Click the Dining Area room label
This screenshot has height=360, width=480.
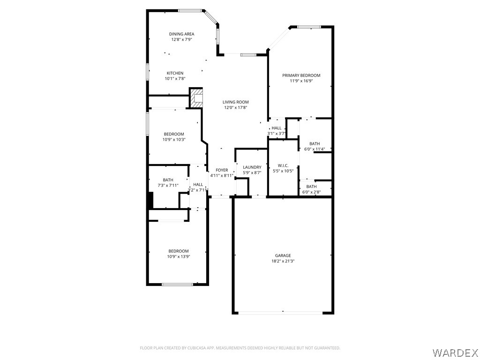click(181, 34)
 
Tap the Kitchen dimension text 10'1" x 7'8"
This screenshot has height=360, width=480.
click(175, 79)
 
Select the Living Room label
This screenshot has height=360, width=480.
click(235, 102)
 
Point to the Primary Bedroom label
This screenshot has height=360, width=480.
click(301, 75)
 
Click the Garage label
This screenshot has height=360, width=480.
click(283, 255)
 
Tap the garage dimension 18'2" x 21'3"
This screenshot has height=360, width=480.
click(283, 262)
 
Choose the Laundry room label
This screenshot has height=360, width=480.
click(252, 167)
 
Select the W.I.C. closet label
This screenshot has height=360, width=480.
click(283, 165)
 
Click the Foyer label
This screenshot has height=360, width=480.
click(222, 170)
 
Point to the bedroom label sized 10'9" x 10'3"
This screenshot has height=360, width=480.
click(174, 134)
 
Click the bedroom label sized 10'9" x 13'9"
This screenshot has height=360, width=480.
click(179, 251)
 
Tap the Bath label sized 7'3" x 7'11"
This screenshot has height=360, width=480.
click(168, 180)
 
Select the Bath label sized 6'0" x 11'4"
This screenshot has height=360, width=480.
click(315, 144)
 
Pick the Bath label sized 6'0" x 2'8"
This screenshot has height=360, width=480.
click(311, 187)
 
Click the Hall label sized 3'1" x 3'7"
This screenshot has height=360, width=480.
click(277, 128)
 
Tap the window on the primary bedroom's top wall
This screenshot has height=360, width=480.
click(309, 27)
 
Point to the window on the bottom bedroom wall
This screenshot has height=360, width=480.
click(177, 284)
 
